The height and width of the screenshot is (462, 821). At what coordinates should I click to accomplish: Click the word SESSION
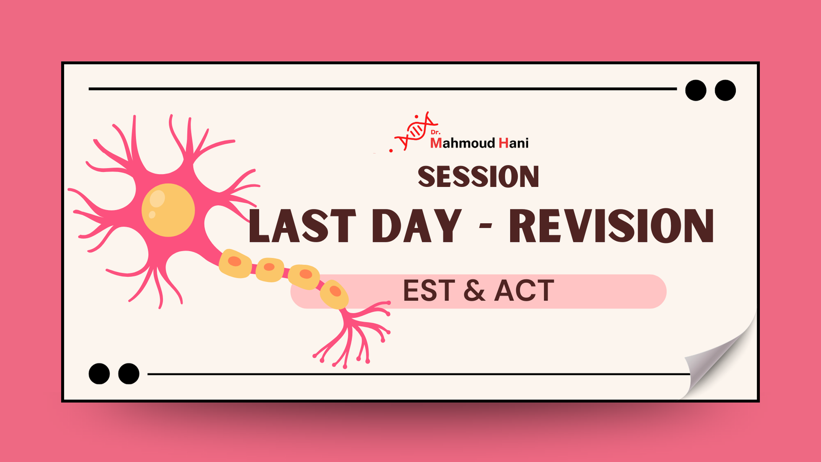point(478,177)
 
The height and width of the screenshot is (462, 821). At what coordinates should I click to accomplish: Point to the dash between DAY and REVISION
point(485,227)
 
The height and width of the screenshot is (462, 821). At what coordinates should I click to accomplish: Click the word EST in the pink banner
point(429,291)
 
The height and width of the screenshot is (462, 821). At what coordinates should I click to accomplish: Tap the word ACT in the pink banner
point(524,291)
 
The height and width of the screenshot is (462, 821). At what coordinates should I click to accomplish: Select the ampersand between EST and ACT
point(474,291)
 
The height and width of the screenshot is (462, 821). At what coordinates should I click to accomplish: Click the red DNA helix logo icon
point(416,131)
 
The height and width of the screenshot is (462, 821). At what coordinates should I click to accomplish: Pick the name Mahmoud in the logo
point(462,143)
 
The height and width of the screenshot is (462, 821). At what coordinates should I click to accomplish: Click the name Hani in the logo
point(514,143)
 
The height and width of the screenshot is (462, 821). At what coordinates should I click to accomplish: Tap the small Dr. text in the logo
point(436,132)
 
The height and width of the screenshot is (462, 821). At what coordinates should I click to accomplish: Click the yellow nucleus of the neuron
point(168,210)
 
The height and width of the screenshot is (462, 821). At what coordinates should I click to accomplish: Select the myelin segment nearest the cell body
point(235,263)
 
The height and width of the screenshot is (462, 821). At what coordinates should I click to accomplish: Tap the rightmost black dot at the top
point(726,90)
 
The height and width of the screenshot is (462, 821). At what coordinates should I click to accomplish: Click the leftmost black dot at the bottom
point(100,374)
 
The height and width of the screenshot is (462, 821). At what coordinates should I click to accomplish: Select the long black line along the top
point(383,89)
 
